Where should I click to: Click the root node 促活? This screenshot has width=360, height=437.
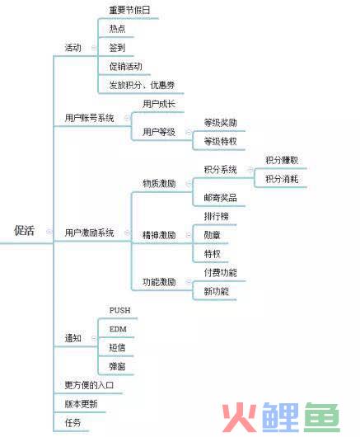click(24, 231)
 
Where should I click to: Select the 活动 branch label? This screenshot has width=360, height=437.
click(73, 48)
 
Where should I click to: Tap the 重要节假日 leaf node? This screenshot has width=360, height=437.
click(129, 11)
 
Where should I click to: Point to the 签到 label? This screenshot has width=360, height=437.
click(117, 48)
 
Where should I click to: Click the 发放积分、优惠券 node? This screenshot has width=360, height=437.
click(142, 85)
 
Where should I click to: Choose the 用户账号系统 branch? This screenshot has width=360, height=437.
click(89, 118)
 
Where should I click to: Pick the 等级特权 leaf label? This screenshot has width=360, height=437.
click(220, 141)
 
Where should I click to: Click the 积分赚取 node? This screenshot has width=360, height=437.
click(282, 160)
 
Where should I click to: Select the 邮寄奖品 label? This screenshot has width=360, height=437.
click(220, 198)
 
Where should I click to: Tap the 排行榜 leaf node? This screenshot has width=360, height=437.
click(217, 216)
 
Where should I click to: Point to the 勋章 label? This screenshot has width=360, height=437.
click(213, 235)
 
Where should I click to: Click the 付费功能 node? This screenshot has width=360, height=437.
click(220, 272)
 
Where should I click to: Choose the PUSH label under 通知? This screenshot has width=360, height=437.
click(119, 310)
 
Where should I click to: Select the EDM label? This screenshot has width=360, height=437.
click(118, 329)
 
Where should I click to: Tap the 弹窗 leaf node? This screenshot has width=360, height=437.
click(117, 366)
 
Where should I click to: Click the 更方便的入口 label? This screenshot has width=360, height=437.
click(89, 385)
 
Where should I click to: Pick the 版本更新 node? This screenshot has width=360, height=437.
click(81, 403)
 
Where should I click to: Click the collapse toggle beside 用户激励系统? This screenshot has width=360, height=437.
click(127, 233)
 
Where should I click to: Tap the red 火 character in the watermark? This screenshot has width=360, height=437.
click(239, 416)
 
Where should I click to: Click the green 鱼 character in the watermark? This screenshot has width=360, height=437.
click(322, 416)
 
